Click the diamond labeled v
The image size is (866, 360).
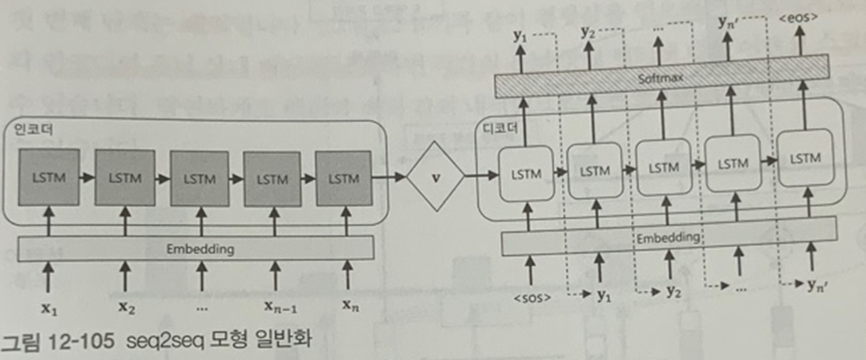click(435, 175)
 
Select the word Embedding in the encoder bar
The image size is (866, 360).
click(200, 249)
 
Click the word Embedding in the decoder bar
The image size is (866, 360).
click(668, 238)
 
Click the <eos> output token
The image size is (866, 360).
click(798, 17)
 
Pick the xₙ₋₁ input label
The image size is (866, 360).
click(280, 307)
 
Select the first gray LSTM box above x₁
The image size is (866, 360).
click(48, 177)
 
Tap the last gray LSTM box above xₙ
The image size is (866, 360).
click(344, 179)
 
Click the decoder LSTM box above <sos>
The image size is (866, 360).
click(526, 173)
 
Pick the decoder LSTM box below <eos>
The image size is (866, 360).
click(805, 158)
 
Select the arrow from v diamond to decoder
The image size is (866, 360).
click(482, 174)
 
